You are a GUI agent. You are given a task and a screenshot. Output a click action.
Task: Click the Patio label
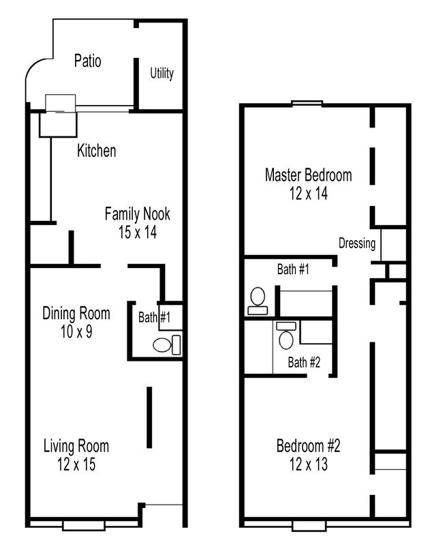click(87, 61)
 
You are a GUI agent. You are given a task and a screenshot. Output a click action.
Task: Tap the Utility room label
click(162, 73)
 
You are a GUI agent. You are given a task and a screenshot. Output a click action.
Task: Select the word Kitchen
click(96, 151)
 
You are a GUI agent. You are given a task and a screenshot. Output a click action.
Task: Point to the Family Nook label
click(137, 214)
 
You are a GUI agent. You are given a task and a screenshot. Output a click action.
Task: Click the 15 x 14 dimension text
click(137, 232)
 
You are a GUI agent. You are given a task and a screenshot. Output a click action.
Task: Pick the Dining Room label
click(76, 314)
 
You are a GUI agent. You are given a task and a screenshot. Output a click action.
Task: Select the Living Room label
click(76, 447)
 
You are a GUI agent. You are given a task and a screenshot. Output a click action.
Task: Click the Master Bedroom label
click(308, 175)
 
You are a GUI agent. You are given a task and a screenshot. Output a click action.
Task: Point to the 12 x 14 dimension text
click(308, 194)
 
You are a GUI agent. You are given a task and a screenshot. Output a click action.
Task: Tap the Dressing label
click(357, 243)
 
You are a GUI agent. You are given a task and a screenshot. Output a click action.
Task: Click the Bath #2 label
click(303, 362)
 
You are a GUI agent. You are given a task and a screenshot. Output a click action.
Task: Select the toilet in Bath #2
click(286, 338)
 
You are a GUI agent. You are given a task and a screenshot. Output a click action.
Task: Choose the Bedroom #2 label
click(308, 447)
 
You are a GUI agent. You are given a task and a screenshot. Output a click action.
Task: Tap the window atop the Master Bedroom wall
click(307, 104)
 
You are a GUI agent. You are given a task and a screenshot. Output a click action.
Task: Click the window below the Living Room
click(83, 525)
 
